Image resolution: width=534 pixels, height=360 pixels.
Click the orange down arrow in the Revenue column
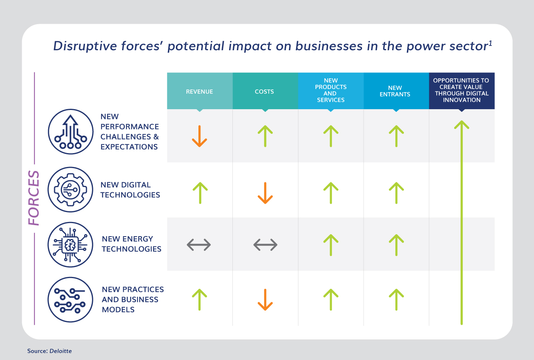point(200,136)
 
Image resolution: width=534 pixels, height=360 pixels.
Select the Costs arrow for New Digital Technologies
point(265,193)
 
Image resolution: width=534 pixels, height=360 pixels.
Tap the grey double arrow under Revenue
point(199,245)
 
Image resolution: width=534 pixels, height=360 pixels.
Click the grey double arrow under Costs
point(265,245)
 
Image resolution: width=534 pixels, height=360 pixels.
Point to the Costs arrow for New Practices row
point(265,299)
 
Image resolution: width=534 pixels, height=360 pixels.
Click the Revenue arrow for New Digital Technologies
point(200,193)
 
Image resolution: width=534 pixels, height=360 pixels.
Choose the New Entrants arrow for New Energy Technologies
point(396,245)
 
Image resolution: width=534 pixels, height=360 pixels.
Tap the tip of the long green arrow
point(462,121)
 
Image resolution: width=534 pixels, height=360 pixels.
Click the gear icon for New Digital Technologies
point(70,189)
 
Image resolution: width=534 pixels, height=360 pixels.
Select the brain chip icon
point(70,245)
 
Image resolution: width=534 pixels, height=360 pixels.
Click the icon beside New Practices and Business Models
point(70,299)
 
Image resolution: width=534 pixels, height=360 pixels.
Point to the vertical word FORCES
point(34,198)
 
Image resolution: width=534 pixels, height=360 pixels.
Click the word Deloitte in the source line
point(60,351)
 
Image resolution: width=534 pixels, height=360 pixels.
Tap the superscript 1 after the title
point(491,44)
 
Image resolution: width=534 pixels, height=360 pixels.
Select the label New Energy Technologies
point(132,244)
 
